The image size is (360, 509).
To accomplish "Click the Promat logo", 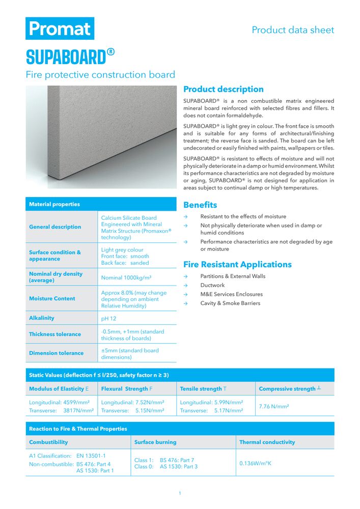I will [60, 29].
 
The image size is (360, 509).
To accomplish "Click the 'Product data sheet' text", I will [293, 30].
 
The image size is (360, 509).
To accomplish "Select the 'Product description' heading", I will [224, 89].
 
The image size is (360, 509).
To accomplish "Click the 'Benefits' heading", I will [200, 205].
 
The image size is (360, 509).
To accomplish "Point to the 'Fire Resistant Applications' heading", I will [237, 264].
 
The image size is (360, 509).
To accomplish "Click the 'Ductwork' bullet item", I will [212, 286].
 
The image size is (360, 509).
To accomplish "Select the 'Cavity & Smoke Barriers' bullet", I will [230, 303].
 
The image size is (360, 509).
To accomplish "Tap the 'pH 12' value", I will [109, 318].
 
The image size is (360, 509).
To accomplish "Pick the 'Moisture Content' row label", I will [52, 299].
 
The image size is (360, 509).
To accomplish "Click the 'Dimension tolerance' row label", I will [56, 353].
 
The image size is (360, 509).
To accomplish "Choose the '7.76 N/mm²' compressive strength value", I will [274, 407].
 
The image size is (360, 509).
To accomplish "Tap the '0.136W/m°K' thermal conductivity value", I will [256, 463].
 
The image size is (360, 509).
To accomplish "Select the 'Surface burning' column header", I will [155, 442].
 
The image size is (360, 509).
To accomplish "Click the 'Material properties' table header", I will [54, 204].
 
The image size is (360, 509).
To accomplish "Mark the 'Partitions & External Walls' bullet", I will [233, 276].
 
